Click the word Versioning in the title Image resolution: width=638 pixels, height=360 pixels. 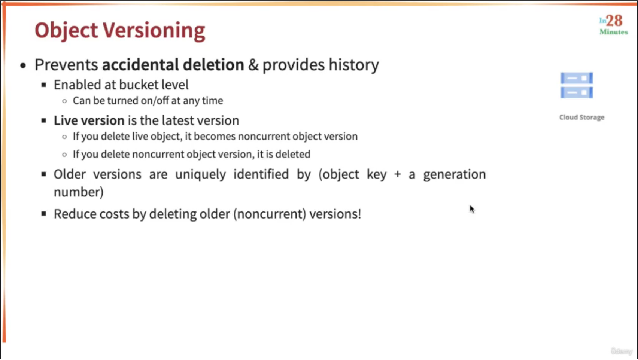(154, 30)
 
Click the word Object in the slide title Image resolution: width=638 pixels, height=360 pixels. (66, 31)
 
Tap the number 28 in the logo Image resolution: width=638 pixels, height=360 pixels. (614, 21)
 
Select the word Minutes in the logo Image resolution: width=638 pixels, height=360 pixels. (614, 32)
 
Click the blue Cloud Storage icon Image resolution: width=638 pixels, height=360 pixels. (577, 85)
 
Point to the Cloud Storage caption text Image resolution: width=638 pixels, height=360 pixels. (581, 117)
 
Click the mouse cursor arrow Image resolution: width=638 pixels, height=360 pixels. (472, 209)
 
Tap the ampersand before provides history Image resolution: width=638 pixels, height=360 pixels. (253, 65)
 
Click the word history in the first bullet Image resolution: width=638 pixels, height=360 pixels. (354, 65)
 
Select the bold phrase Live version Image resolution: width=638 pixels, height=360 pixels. (89, 120)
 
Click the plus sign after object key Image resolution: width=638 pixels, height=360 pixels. (397, 174)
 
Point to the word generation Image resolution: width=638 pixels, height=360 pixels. (454, 174)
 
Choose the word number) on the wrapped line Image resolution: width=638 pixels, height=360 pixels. (79, 192)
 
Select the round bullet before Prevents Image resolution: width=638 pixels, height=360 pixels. (23, 65)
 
